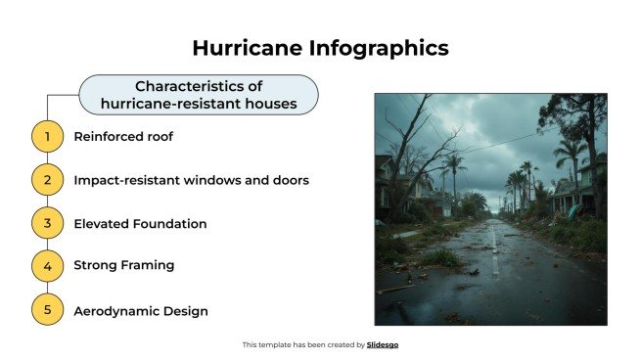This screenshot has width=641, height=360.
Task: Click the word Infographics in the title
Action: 373,47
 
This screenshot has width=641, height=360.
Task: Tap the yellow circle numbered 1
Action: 47,137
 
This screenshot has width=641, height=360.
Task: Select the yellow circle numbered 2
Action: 47,180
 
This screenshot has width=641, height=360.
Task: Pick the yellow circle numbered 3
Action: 47,223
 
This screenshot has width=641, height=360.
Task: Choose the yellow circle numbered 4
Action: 47,265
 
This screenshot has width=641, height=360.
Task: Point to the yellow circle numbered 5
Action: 47,311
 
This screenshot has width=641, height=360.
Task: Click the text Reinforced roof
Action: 123,137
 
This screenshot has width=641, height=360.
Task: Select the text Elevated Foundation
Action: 140,223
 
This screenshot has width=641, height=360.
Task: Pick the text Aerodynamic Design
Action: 140,311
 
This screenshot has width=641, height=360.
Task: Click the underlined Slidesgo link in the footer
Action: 383,344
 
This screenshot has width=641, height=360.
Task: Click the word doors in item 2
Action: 290,180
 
